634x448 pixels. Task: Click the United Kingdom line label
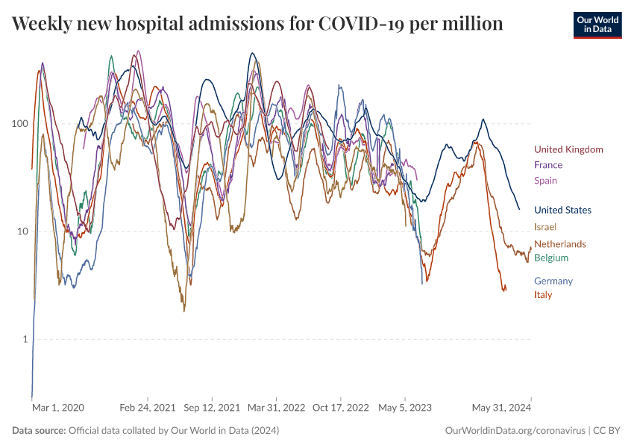point(568,149)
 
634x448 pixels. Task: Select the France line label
point(548,165)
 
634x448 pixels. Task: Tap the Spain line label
point(545,181)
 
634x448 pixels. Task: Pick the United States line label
point(562,211)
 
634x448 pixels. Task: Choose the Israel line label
point(545,227)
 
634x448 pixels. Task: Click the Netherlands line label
point(559,244)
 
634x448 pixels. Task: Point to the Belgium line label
point(551,258)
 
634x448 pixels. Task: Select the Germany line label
point(553,281)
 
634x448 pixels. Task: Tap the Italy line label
point(543,295)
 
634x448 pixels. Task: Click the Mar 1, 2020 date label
point(58,408)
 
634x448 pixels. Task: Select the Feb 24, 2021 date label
point(148,408)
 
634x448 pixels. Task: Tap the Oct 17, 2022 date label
point(341,408)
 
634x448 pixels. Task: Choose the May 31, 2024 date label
point(500,408)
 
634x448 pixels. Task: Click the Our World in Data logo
point(597,25)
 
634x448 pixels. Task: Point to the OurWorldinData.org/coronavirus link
point(514,431)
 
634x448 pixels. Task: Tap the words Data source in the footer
point(38,431)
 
